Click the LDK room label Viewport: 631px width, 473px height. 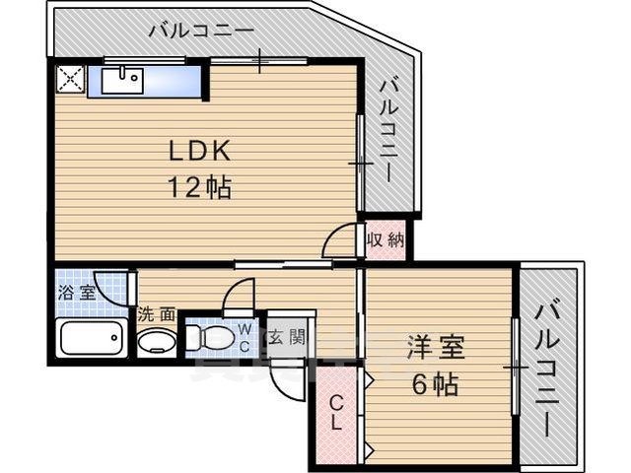(199, 152)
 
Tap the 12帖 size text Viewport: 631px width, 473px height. (199, 186)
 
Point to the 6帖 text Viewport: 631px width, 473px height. (434, 383)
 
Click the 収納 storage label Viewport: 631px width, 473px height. (386, 240)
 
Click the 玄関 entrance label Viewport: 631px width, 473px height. (289, 334)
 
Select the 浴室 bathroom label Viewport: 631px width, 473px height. (76, 292)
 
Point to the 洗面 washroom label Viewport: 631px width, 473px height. (156, 314)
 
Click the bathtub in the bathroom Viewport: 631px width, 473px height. (90, 338)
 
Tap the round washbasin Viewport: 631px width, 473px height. (154, 342)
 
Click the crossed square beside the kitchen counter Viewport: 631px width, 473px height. (70, 79)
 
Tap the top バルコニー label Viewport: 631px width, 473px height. (202, 31)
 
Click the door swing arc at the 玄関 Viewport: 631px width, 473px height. (282, 384)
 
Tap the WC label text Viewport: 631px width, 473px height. (243, 335)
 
